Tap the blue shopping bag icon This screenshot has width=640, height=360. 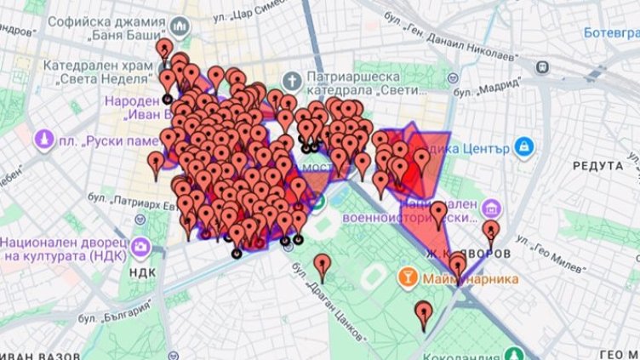click(523, 146)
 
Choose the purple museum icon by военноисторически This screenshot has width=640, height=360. click(492, 209)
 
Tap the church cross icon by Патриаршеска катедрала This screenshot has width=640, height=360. click(292, 81)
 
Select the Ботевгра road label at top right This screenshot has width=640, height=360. click(611, 33)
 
